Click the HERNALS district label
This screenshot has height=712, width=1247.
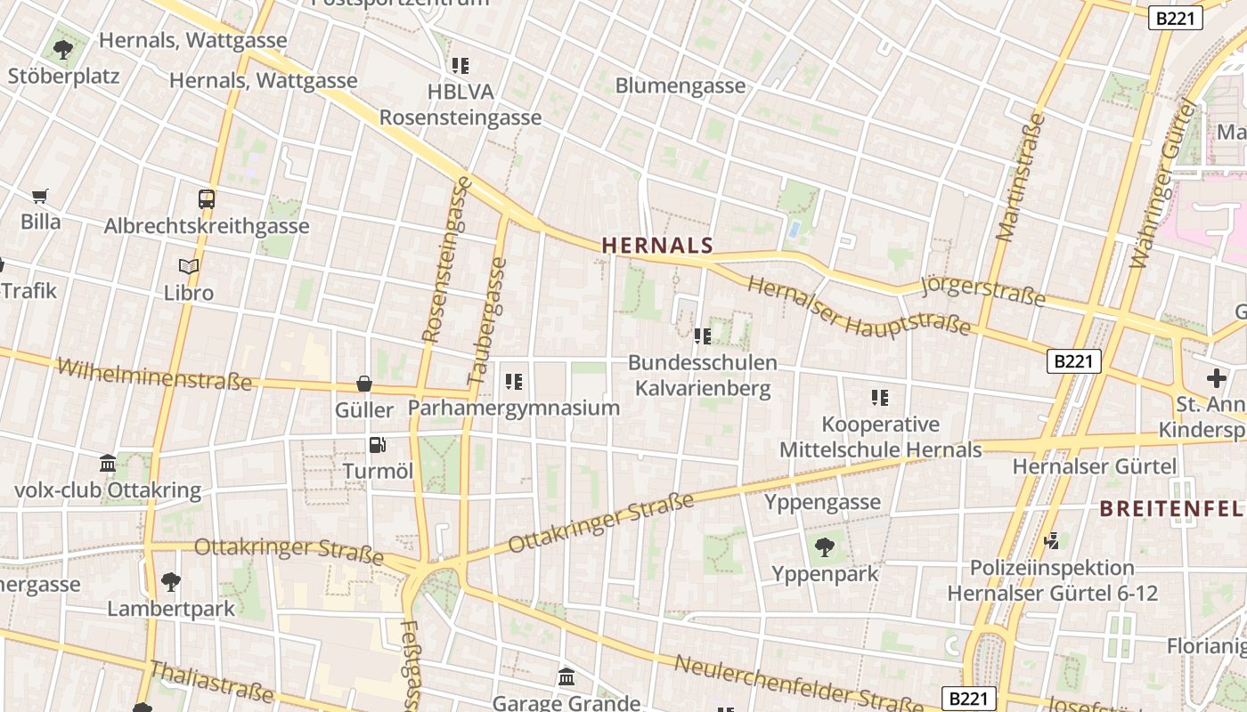click(657, 246)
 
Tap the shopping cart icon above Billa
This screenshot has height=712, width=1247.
click(39, 196)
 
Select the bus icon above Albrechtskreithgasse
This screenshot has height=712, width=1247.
click(207, 199)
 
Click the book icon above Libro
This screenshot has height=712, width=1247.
click(188, 266)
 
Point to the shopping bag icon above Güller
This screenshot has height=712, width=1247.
click(364, 384)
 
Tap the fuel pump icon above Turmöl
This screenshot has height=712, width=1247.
click(378, 445)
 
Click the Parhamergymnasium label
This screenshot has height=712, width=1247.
click(513, 408)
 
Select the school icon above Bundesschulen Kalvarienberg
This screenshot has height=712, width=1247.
click(702, 336)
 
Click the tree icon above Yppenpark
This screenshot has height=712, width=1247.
click(825, 546)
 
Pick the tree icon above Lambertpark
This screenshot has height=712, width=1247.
click(170, 583)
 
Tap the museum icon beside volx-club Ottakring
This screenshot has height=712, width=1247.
click(108, 464)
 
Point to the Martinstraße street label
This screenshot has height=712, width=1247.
click(1020, 177)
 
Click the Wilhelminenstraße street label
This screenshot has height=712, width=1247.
click(154, 375)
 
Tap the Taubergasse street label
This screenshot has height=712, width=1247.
click(487, 321)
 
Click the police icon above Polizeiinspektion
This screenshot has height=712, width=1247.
click(1052, 540)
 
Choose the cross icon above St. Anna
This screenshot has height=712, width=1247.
click(1216, 378)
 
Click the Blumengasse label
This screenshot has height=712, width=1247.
click(681, 86)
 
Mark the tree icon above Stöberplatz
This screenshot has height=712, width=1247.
click(62, 49)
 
